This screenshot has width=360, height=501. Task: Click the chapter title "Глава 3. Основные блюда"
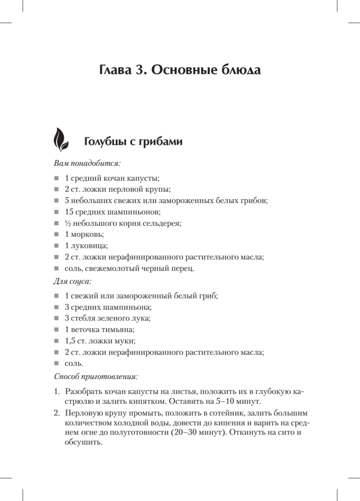coord(180,69)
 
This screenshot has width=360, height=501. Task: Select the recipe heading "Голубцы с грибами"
coord(133,142)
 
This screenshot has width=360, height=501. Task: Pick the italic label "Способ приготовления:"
coord(96,377)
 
